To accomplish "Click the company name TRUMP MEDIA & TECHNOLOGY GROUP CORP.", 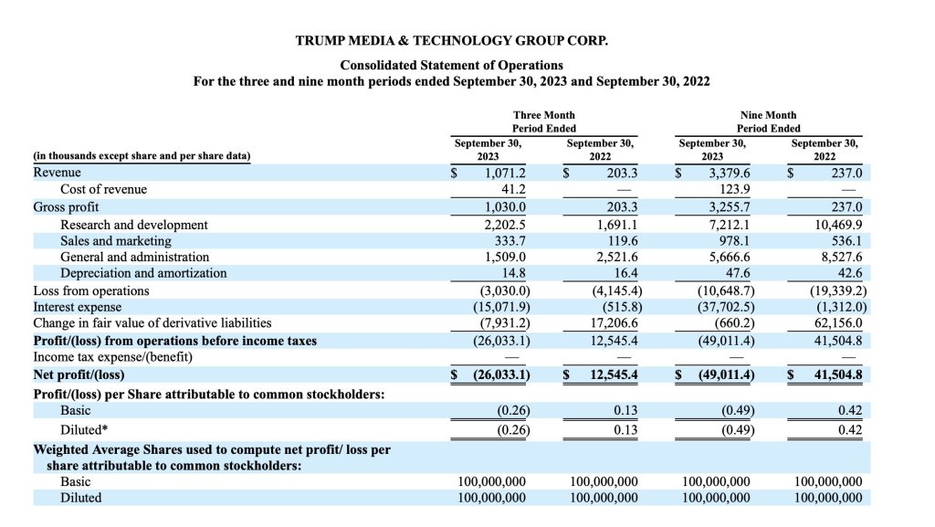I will (x=451, y=41).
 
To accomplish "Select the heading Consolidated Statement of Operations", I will (x=451, y=65).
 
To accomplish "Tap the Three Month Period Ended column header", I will (x=544, y=121).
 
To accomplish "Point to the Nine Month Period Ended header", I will (x=768, y=121).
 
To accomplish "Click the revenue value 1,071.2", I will (x=506, y=173).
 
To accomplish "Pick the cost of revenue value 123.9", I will (x=731, y=189).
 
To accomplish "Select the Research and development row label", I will (x=134, y=224).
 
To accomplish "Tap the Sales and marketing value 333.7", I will (x=508, y=240).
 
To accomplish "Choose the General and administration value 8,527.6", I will (x=841, y=257).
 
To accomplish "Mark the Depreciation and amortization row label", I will (x=143, y=273).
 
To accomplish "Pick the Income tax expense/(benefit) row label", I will (x=112, y=356).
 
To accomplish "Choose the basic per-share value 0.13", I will (x=625, y=410).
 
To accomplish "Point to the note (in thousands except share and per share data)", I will (x=142, y=155).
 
